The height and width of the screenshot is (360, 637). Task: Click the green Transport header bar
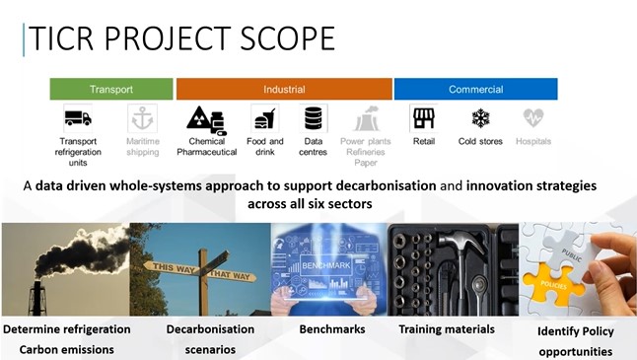(x=111, y=90)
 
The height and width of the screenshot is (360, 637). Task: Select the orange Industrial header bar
(x=284, y=90)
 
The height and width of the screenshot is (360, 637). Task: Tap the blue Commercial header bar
(x=475, y=90)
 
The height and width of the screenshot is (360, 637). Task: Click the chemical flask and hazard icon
(x=205, y=119)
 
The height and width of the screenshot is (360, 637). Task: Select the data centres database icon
(x=314, y=119)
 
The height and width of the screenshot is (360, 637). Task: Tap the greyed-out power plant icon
(x=367, y=119)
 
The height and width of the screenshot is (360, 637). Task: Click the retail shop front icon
(x=424, y=118)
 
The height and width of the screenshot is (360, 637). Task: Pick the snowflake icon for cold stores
(x=481, y=118)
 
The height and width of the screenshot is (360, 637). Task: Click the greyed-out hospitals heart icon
(x=533, y=118)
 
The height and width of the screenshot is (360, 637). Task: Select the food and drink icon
(x=263, y=119)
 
